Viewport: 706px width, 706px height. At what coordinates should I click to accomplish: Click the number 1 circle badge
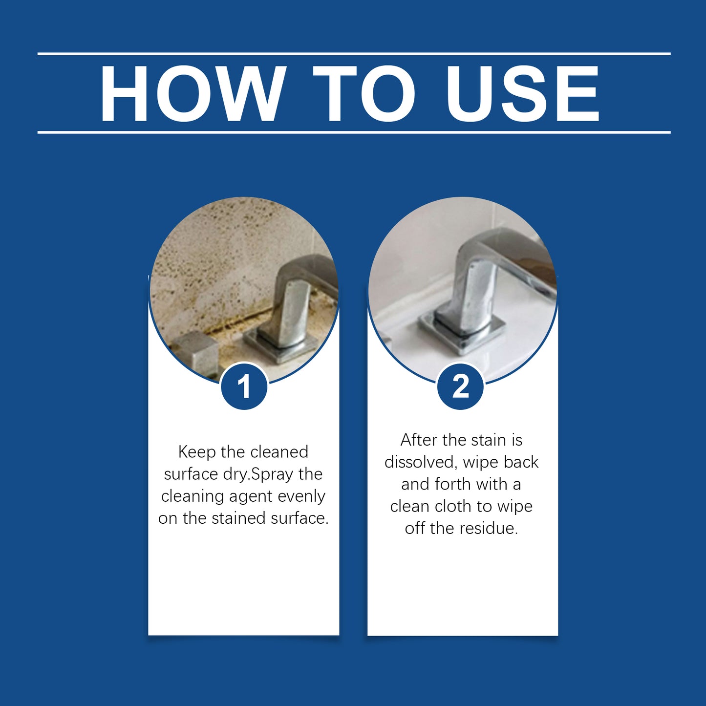click(x=244, y=386)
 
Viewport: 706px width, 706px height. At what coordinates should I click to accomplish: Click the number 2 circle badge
click(x=460, y=386)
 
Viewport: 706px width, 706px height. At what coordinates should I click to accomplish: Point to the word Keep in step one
click(x=197, y=452)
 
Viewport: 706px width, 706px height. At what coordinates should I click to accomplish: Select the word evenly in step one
click(x=301, y=496)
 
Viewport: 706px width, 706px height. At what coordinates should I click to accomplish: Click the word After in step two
click(x=418, y=440)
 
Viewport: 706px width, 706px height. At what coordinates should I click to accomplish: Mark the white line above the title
click(x=354, y=54)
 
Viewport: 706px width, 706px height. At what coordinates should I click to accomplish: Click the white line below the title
click(x=354, y=132)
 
